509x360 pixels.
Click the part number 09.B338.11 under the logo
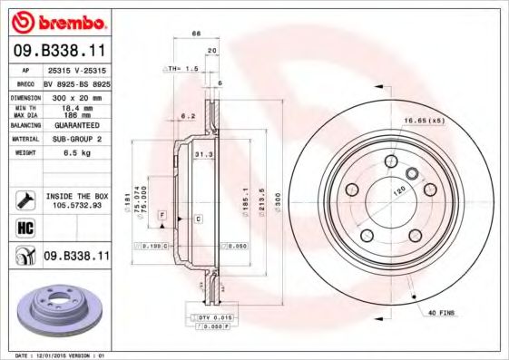[x=57, y=50]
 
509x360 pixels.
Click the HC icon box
[x=24, y=227]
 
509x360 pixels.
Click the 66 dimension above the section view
[x=195, y=34]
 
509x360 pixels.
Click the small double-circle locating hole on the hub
[x=409, y=173]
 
